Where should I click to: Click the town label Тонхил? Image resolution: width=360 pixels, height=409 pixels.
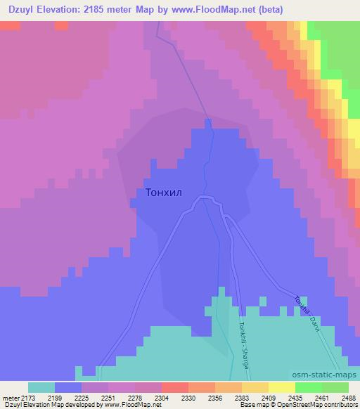click(x=167, y=191)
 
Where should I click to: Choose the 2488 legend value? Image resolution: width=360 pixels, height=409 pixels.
click(x=348, y=398)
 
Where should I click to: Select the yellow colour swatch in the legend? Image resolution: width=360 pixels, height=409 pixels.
click(x=282, y=387)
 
